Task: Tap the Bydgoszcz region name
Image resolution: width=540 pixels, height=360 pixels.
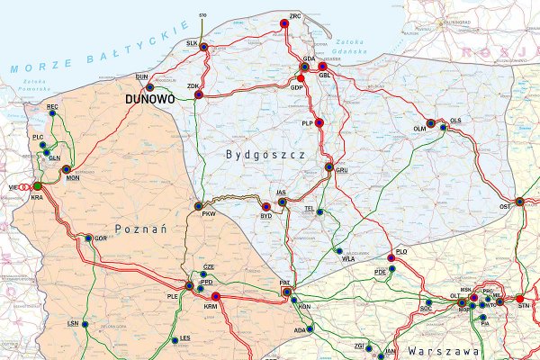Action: click(267, 156)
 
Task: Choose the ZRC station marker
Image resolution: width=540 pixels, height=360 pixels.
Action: click(284, 24)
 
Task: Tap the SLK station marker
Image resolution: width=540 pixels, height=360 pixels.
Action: click(203, 46)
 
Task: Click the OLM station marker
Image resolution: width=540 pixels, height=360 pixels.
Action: click(430, 123)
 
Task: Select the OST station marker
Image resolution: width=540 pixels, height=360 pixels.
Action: click(519, 201)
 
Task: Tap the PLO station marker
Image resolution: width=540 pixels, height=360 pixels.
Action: click(402, 259)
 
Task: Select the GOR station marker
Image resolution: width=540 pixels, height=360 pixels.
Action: click(88, 238)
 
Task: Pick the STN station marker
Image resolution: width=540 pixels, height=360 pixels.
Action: click(519, 298)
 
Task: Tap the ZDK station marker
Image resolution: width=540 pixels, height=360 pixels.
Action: click(200, 93)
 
